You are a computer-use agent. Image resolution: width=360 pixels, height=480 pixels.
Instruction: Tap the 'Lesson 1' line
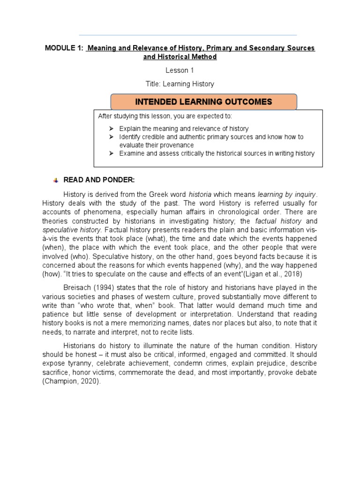click(180, 70)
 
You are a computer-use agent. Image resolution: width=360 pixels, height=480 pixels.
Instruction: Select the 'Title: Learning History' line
click(180, 84)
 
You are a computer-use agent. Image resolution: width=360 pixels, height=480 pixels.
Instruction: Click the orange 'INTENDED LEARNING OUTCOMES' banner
click(203, 102)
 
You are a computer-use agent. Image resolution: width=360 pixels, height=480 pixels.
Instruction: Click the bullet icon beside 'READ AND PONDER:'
click(56, 180)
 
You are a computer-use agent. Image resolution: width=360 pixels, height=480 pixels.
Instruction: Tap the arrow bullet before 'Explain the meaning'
click(111, 128)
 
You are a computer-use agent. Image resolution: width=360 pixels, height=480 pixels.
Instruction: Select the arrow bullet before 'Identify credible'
click(111, 137)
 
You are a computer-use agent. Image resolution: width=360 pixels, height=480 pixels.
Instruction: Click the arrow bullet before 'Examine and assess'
click(111, 153)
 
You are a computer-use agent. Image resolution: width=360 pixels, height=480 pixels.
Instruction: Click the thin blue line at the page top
click(187, 35)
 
